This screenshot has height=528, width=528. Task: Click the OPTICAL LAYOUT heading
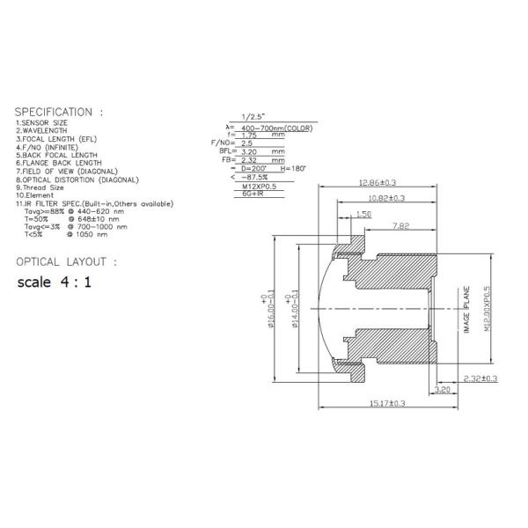pos(66,262)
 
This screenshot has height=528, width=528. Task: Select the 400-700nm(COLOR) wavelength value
pos(276,128)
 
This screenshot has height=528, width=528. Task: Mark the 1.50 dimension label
pos(364,214)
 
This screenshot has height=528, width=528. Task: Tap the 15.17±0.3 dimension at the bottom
pos(387,403)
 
